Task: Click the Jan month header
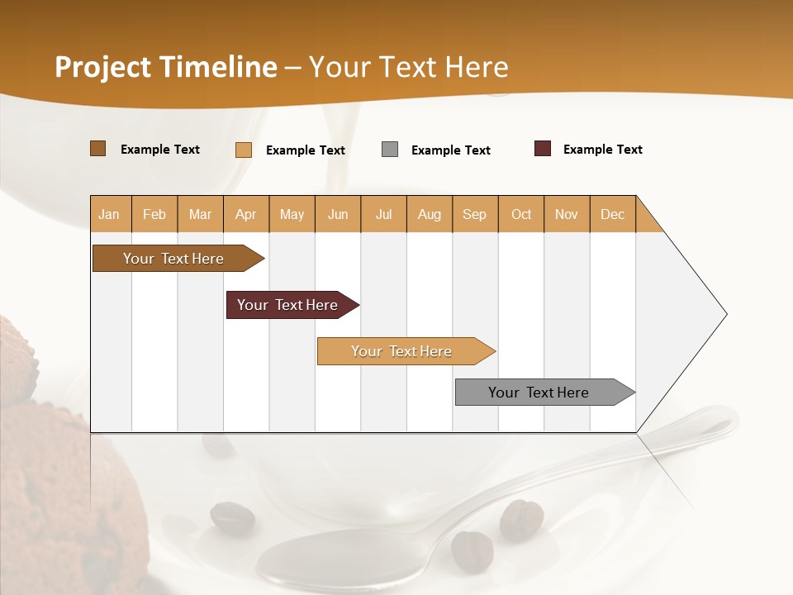pos(109,214)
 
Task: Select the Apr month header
pos(245,214)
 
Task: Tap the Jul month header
pos(383,214)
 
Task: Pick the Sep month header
pos(474,214)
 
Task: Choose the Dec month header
pos(612,214)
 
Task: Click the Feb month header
pos(154,214)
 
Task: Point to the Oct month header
pos(521,214)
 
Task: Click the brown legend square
pos(97,149)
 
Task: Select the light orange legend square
pos(244,150)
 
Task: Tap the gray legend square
pos(390,150)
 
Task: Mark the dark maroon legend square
pos(543,149)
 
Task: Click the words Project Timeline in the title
pos(166,67)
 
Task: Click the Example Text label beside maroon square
pos(602,150)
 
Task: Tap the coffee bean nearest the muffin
pos(232,518)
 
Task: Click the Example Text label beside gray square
pos(450,150)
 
